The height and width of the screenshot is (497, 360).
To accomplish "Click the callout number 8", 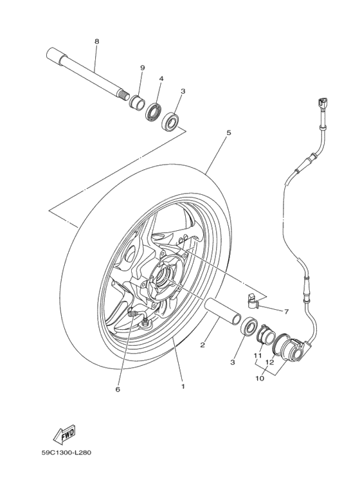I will (x=96, y=41).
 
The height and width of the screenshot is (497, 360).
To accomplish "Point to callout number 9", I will (x=142, y=68).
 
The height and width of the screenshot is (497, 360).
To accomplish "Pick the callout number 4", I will (x=161, y=78).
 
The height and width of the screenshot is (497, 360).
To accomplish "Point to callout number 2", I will (x=202, y=345).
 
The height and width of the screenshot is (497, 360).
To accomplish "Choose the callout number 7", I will (x=287, y=311).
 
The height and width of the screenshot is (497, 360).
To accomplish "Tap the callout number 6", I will (x=118, y=388).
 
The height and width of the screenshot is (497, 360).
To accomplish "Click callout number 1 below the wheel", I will (x=183, y=386).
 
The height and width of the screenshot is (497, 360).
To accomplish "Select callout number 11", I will (x=256, y=355).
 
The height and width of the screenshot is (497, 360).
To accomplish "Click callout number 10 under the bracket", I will (x=260, y=378).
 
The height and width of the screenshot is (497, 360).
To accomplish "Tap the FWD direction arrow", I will (x=67, y=437).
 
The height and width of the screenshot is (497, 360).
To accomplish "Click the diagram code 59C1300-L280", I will (x=67, y=452).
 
